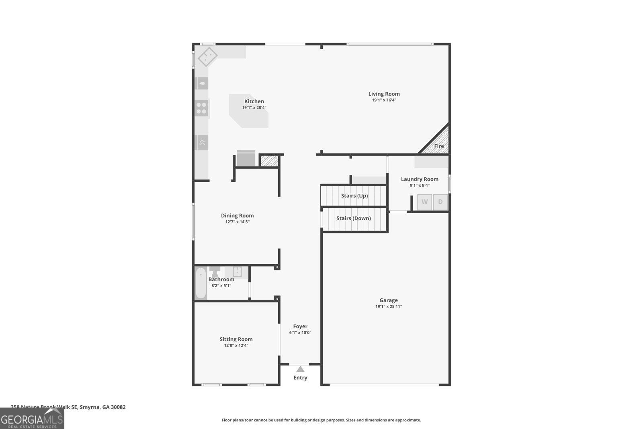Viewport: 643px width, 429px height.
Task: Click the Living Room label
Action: point(384,94)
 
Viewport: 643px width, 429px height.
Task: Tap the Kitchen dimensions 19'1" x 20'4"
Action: point(254,108)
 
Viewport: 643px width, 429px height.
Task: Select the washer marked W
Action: point(424,202)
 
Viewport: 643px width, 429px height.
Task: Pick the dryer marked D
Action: point(440,202)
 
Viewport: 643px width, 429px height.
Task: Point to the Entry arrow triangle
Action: point(300,369)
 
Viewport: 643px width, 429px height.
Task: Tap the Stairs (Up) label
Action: point(354,196)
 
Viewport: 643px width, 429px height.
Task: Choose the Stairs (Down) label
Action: point(353,218)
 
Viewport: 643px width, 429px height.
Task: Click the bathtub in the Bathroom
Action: point(201,283)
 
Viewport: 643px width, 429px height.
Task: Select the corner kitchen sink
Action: point(207,57)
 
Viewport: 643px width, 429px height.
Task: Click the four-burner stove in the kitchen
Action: point(201,108)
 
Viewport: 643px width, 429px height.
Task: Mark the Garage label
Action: point(388,300)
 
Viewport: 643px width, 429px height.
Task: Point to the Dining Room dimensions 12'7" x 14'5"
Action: point(237,222)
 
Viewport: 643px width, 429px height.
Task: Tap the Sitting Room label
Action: point(236,339)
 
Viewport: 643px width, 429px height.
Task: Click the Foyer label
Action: point(300,326)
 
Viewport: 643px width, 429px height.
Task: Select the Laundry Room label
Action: point(420,179)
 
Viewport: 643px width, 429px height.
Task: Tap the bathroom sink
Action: point(237,272)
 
